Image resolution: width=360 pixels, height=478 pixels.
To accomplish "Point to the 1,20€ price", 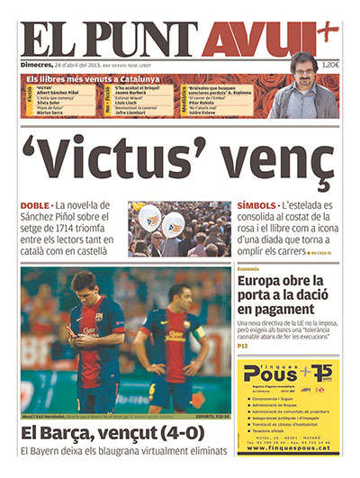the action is click(x=330, y=65).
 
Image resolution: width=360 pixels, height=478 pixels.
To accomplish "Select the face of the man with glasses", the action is click(x=302, y=71).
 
